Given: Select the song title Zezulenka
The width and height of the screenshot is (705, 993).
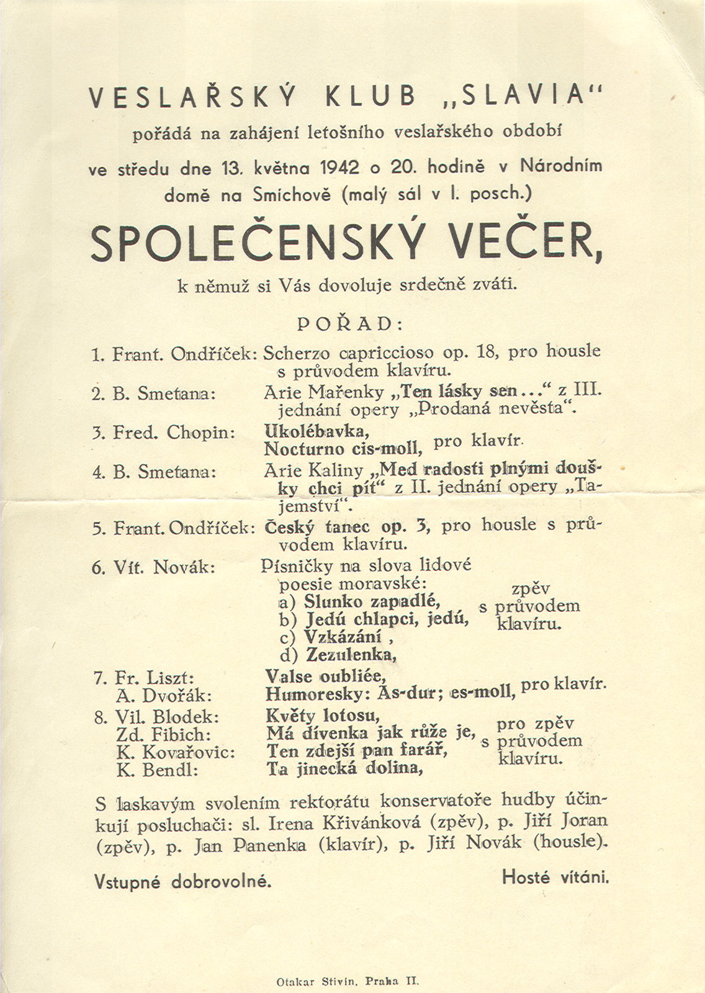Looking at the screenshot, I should coord(351,654).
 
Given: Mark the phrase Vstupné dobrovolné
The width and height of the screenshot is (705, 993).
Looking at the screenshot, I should coord(183,880).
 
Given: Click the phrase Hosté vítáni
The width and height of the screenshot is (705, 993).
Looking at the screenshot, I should coord(555,877).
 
